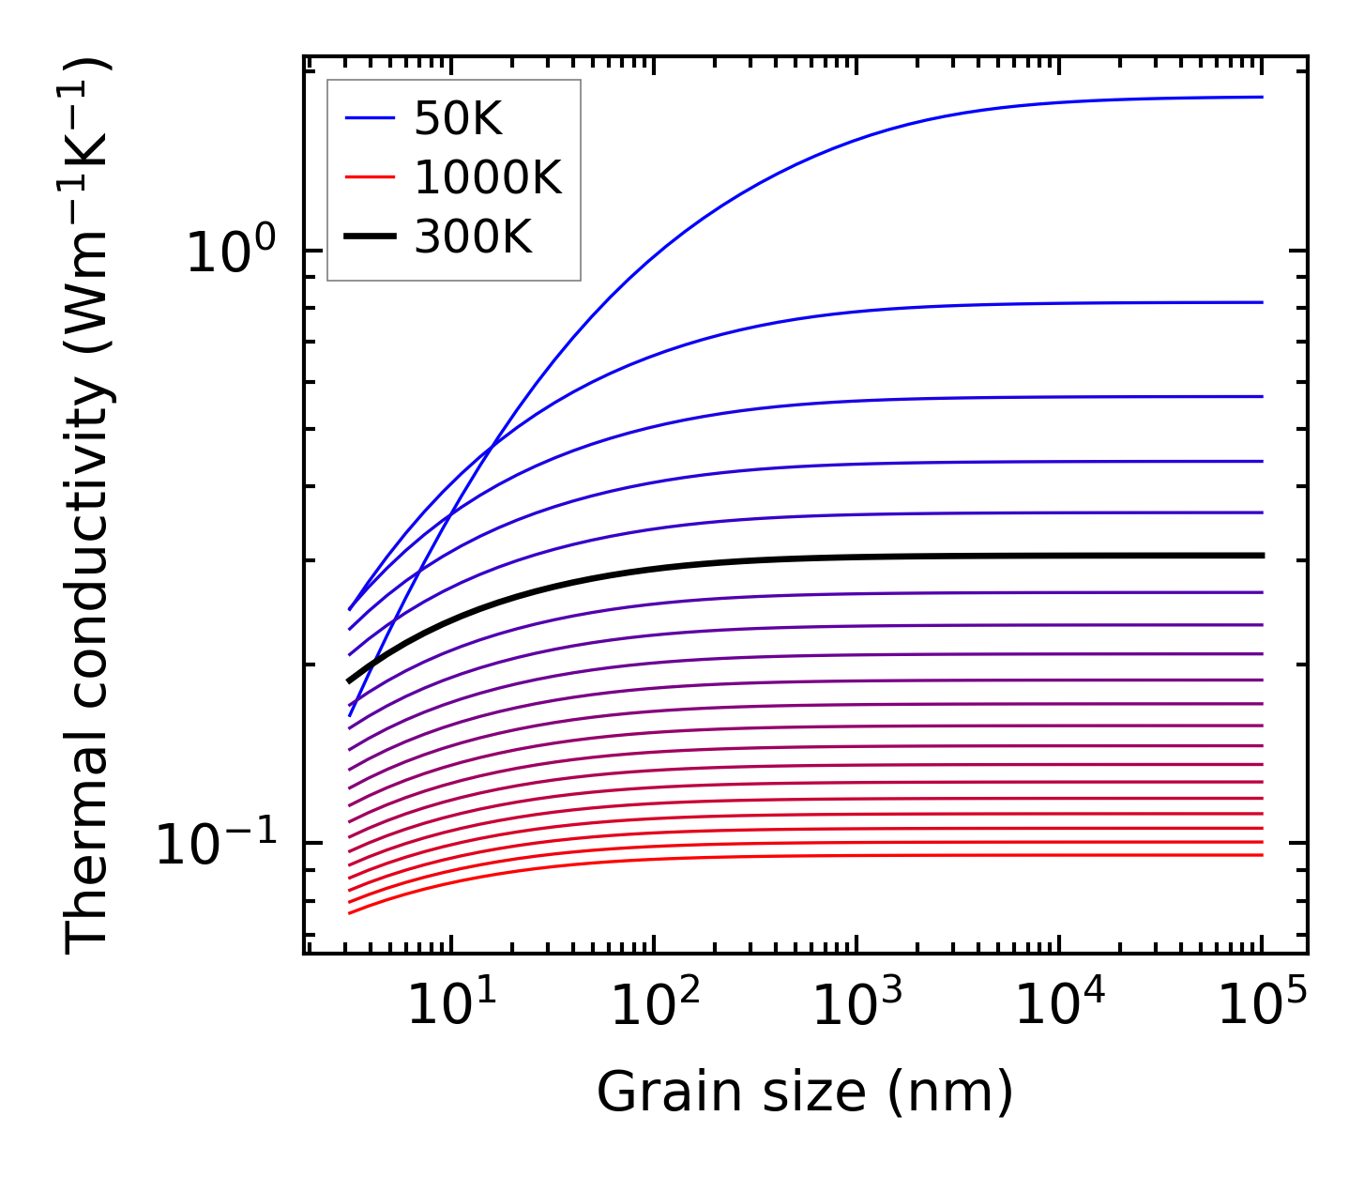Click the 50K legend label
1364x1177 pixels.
458,119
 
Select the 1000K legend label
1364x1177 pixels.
487,177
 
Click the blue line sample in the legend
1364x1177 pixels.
371,118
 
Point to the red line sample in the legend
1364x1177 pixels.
371,177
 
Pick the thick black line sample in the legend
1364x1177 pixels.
371,237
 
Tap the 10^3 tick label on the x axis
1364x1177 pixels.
856,1005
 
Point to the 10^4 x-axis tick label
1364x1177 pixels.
1059,1005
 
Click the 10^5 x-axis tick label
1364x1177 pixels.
1262,1005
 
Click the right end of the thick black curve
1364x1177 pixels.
1263,556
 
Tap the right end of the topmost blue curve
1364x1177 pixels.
1262,97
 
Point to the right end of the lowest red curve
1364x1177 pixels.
1262,854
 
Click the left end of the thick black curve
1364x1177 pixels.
349,681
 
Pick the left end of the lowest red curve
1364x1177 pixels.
349,912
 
